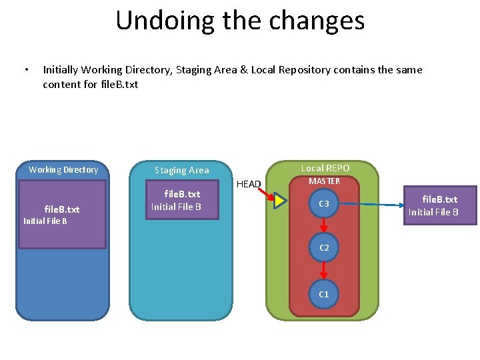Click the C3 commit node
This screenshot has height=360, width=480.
[x=324, y=203]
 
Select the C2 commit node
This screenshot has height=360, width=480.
[x=324, y=247]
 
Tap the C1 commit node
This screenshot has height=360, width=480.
[x=324, y=294]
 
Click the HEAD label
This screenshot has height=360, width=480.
[x=249, y=184]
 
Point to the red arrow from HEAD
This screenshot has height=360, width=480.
[x=267, y=194]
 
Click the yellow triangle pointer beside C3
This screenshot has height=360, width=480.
[x=280, y=201]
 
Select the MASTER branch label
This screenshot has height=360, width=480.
[x=324, y=181]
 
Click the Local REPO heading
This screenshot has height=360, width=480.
[x=325, y=168]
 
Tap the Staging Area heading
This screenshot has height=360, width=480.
[x=182, y=170]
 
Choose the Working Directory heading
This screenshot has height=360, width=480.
[x=63, y=169]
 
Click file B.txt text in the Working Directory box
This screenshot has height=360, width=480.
[x=62, y=209]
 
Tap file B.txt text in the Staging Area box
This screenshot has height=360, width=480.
[x=182, y=194]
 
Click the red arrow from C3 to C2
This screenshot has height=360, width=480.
[x=324, y=225]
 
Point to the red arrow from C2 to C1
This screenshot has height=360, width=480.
[x=324, y=271]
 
